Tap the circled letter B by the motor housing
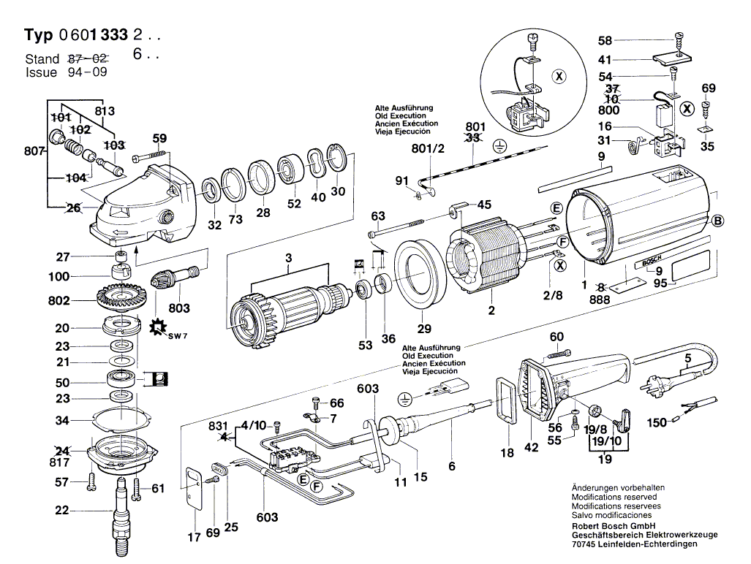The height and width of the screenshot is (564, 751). pyautogui.click(x=717, y=221)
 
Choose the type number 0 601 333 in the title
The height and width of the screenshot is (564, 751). pyautogui.click(x=93, y=35)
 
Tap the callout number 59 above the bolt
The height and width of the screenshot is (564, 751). pyautogui.click(x=160, y=138)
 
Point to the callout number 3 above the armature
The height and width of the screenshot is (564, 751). pyautogui.click(x=288, y=257)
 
